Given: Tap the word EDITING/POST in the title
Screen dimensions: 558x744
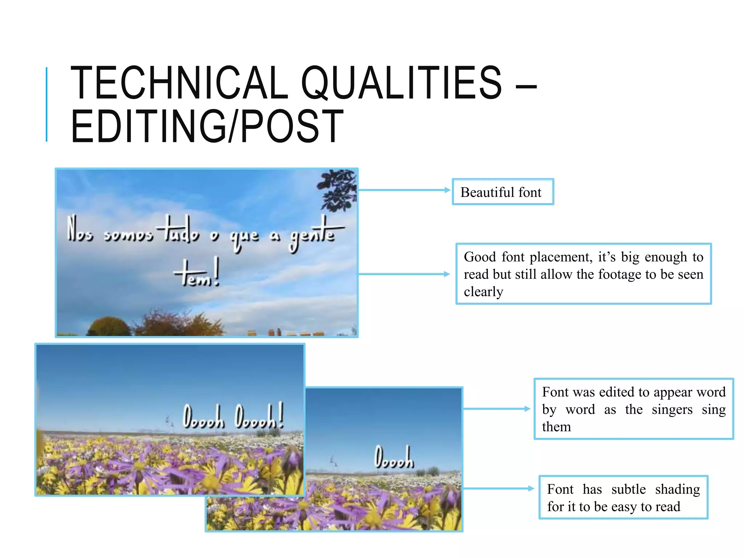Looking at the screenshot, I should [x=207, y=126].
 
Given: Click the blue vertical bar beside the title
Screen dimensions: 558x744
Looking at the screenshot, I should [x=46, y=105].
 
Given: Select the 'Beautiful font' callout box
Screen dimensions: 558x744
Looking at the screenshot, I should [x=503, y=192].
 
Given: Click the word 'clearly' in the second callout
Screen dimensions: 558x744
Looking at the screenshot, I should [x=483, y=291].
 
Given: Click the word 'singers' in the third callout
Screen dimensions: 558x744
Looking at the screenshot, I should [x=672, y=409].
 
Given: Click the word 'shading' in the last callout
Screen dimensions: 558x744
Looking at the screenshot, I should [x=677, y=489].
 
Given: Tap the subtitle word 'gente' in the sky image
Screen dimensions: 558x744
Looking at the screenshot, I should [x=312, y=234].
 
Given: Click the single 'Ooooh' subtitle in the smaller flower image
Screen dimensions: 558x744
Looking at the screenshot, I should [x=394, y=458].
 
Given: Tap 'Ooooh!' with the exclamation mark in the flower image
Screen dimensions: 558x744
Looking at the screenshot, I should [x=259, y=417].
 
